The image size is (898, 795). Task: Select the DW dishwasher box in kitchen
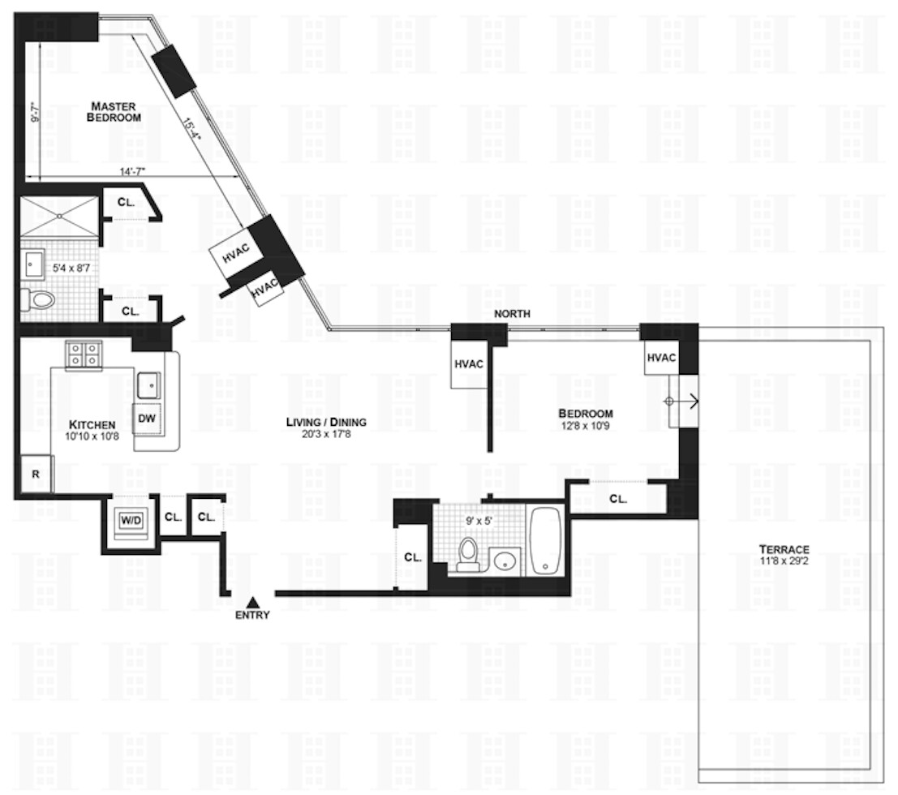147,419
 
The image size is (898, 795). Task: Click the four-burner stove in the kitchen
84,355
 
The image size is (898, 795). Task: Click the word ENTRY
252,615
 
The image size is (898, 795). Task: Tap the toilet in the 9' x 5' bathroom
467,554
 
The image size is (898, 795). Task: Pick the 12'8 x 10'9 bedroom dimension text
585,424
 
